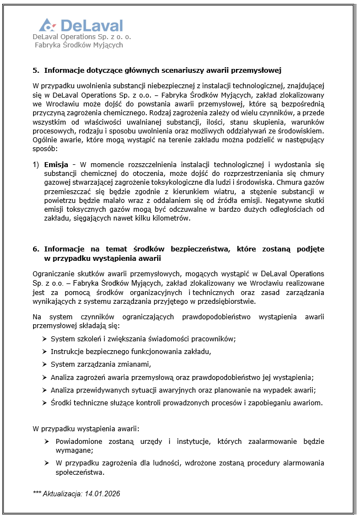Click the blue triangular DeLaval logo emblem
pos(47,25)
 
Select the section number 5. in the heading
pos(36,71)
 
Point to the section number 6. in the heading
pos(36,249)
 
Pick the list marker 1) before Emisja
pos(36,165)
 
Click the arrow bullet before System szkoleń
pos(44,339)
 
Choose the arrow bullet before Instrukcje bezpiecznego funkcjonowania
pos(44,352)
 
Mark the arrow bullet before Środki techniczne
pos(44,403)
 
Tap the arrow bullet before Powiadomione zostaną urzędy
pos(48,442)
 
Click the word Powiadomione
pos(82,442)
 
